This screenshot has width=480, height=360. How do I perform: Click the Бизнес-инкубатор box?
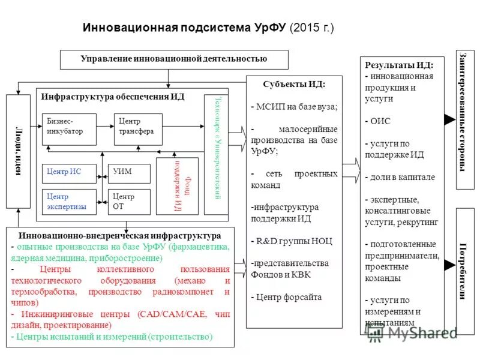(x=69, y=129)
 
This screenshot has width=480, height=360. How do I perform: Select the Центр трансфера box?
(x=138, y=129)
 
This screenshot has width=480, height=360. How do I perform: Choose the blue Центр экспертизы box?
(x=69, y=202)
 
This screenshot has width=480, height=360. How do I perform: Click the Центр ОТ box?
(x=129, y=202)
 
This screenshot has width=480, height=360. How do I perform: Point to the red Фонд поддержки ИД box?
(x=177, y=186)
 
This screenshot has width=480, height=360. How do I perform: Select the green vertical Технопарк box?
(x=216, y=154)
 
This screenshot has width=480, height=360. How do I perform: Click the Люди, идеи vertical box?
(x=18, y=151)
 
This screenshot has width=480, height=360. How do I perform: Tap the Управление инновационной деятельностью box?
(x=174, y=59)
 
